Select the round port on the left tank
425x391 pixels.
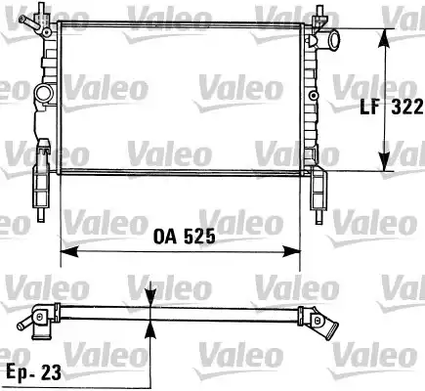(42, 95)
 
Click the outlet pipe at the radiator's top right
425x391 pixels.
(333, 42)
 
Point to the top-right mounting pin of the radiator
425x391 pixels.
(319, 14)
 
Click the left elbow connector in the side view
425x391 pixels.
(38, 323)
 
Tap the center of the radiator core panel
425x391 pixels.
(181, 96)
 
